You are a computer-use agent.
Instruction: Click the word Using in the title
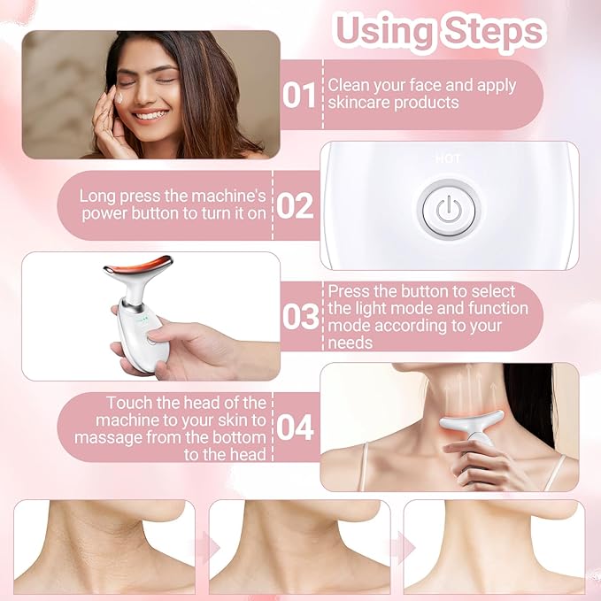click(x=381, y=31)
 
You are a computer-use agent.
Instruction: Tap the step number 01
click(x=299, y=95)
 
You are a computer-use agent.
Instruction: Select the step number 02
click(x=296, y=206)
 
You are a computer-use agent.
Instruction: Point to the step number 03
click(x=300, y=316)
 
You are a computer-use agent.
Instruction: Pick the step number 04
click(x=296, y=428)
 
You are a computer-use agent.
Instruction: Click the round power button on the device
click(x=449, y=210)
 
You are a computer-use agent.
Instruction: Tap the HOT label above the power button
click(x=448, y=159)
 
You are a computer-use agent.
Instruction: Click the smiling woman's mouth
click(x=150, y=115)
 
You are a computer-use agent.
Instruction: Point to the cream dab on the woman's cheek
click(x=120, y=105)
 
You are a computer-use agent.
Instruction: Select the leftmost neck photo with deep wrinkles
click(x=104, y=545)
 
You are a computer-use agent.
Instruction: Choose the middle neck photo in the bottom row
click(x=299, y=545)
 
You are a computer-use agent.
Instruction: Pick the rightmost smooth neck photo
click(x=494, y=545)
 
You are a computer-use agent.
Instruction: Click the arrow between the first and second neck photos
click(x=203, y=546)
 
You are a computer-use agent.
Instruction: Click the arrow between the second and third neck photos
click(x=397, y=546)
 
